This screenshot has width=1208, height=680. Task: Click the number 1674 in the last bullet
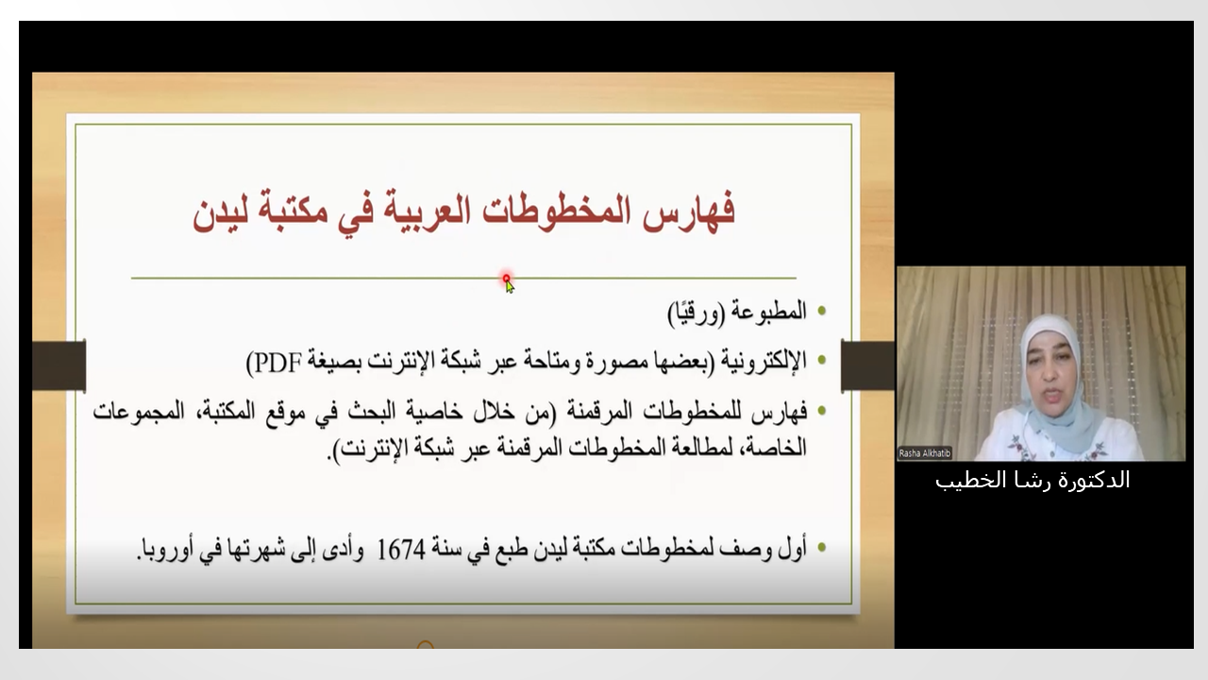point(401,550)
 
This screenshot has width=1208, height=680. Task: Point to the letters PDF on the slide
point(274,363)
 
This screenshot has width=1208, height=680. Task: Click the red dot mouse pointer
point(507,279)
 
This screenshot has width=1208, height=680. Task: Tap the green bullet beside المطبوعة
point(821,311)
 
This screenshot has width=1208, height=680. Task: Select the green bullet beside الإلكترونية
point(821,360)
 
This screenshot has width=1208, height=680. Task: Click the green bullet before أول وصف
point(821,547)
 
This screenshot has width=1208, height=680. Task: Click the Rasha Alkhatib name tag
point(924,453)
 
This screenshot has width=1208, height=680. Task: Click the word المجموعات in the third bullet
point(139,413)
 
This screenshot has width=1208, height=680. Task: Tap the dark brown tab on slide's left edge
point(59,365)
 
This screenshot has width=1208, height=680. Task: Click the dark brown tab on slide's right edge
point(867,365)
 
